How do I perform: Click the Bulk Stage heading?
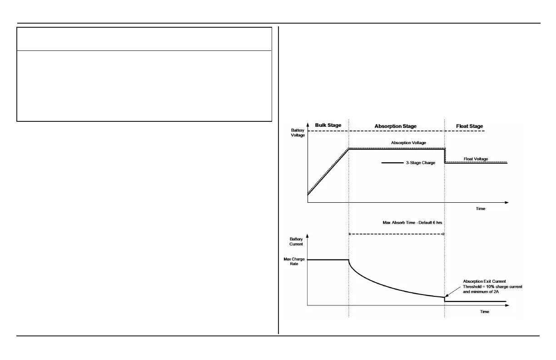click(328, 125)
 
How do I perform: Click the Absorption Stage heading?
click(395, 126)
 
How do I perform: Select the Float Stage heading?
click(469, 126)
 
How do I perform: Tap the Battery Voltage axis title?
click(298, 133)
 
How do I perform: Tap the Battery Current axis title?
click(296, 241)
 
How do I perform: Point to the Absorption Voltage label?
click(408, 143)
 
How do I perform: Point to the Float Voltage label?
click(476, 159)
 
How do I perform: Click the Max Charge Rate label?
click(298, 261)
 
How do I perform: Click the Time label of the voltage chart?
click(481, 209)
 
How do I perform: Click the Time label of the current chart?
click(485, 312)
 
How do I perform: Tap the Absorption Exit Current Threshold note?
click(486, 287)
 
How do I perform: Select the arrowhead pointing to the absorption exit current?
click(446, 296)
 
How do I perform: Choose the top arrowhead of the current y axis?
click(308, 236)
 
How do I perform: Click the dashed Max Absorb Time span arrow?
click(396, 234)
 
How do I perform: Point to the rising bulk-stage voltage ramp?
click(327, 172)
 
